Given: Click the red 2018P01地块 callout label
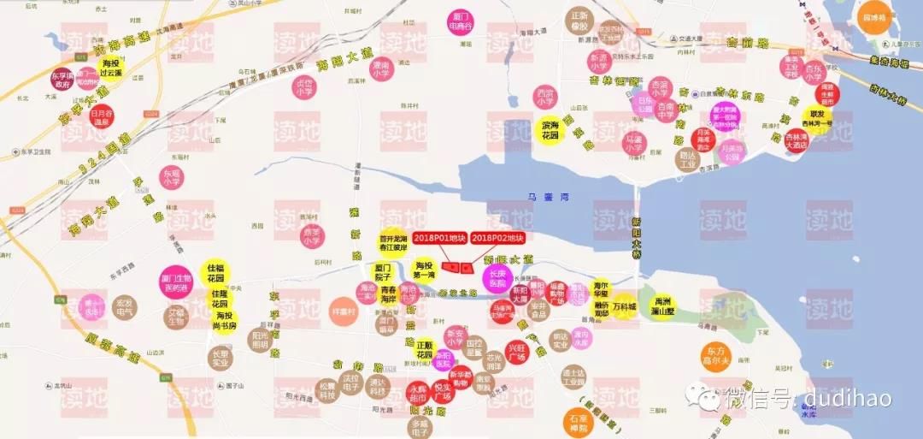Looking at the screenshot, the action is [x=438, y=237].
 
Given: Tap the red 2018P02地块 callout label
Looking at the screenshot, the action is [x=497, y=237].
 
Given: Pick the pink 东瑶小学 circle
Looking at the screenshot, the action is [x=171, y=178].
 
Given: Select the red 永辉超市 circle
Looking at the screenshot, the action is [x=418, y=393].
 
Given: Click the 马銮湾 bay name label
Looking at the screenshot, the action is [x=541, y=197].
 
